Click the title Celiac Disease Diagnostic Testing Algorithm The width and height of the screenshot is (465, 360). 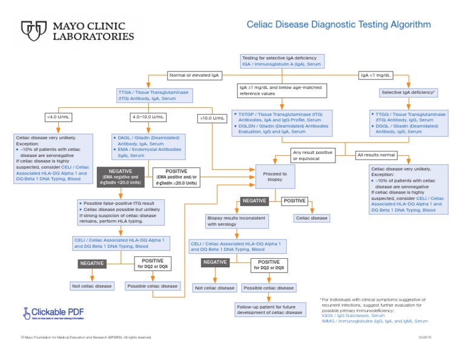pos(338,25)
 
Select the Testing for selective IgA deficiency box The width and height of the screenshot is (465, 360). pos(283,61)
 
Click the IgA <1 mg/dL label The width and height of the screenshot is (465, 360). pos(375,75)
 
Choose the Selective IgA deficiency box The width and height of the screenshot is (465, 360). pos(408,93)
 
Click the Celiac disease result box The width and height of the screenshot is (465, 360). pos(311,218)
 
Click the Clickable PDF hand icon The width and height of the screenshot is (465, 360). pos(27,313)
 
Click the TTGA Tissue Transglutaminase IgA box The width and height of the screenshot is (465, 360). pos(154,95)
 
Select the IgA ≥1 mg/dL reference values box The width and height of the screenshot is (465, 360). pos(282,90)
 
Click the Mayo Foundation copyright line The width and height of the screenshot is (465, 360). pos(86,337)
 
